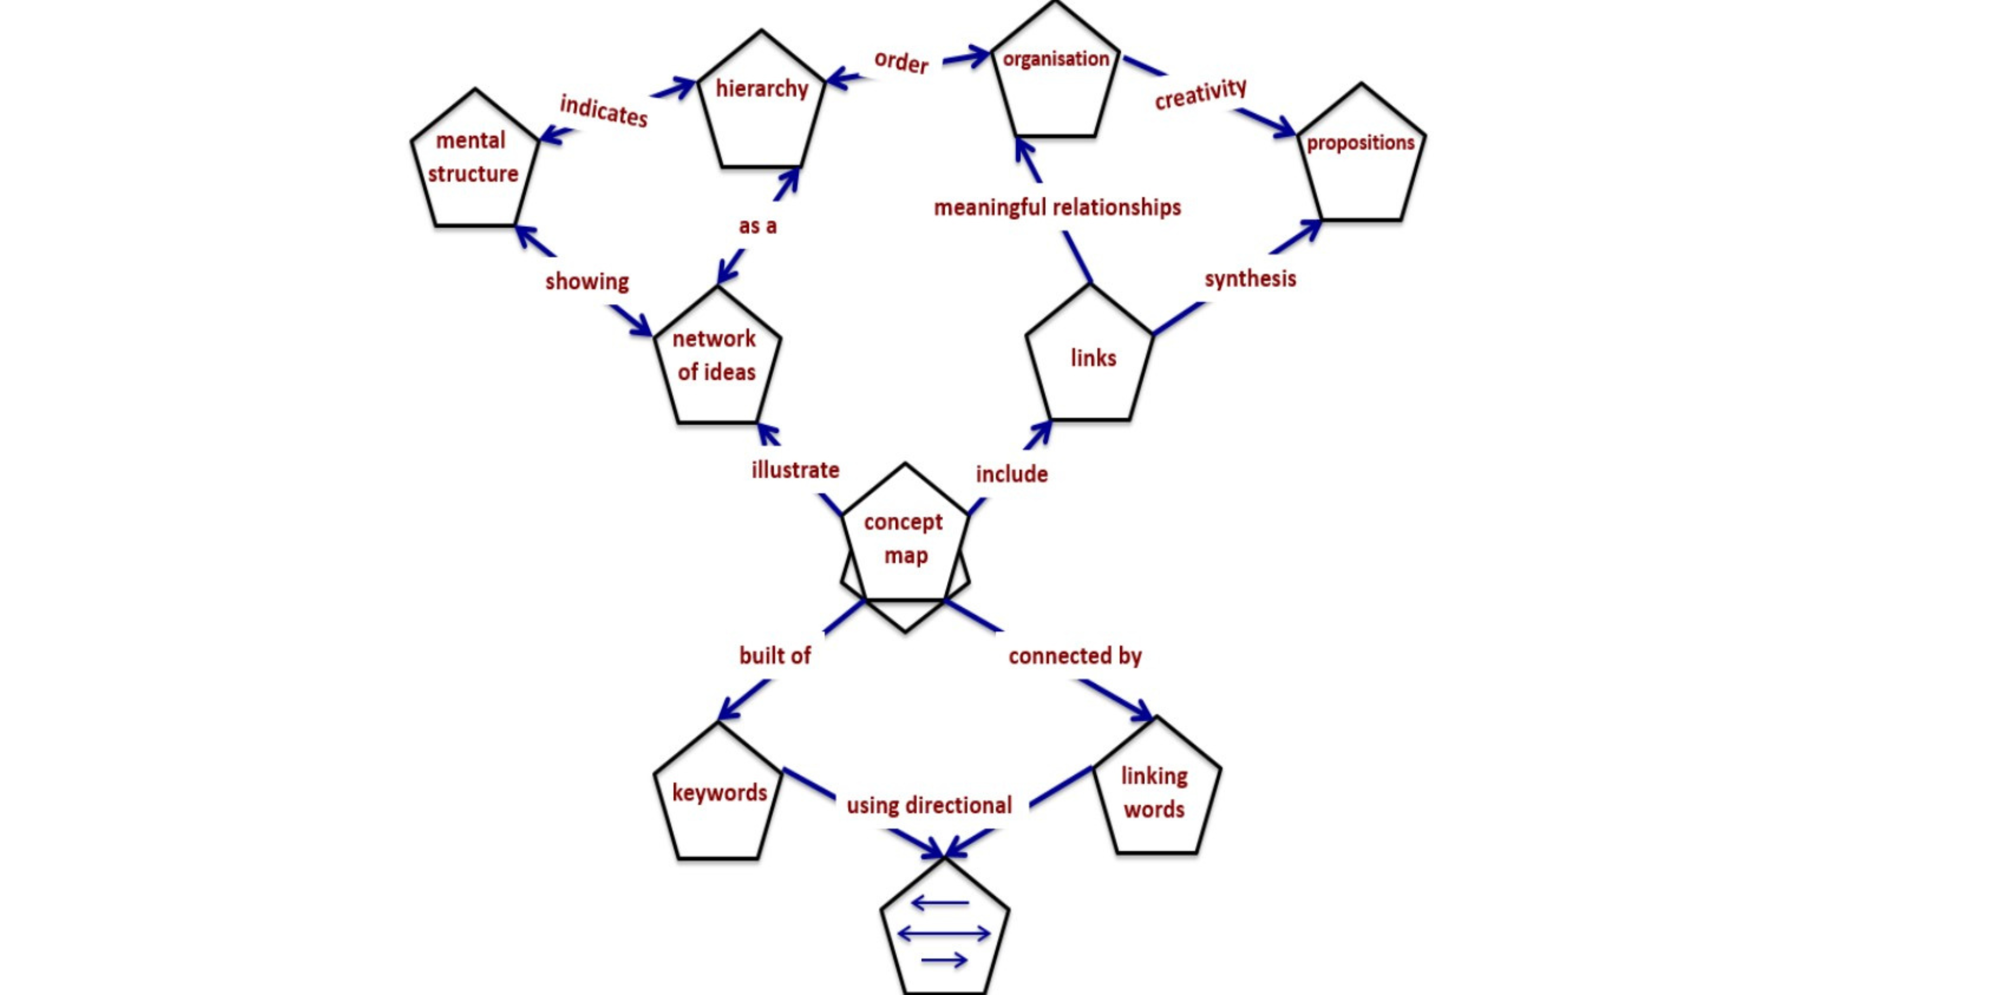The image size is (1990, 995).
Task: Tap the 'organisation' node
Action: (1055, 77)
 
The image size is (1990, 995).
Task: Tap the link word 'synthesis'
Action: (1250, 279)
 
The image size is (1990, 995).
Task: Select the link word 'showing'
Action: (587, 281)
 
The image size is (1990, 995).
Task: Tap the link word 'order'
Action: (901, 62)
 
